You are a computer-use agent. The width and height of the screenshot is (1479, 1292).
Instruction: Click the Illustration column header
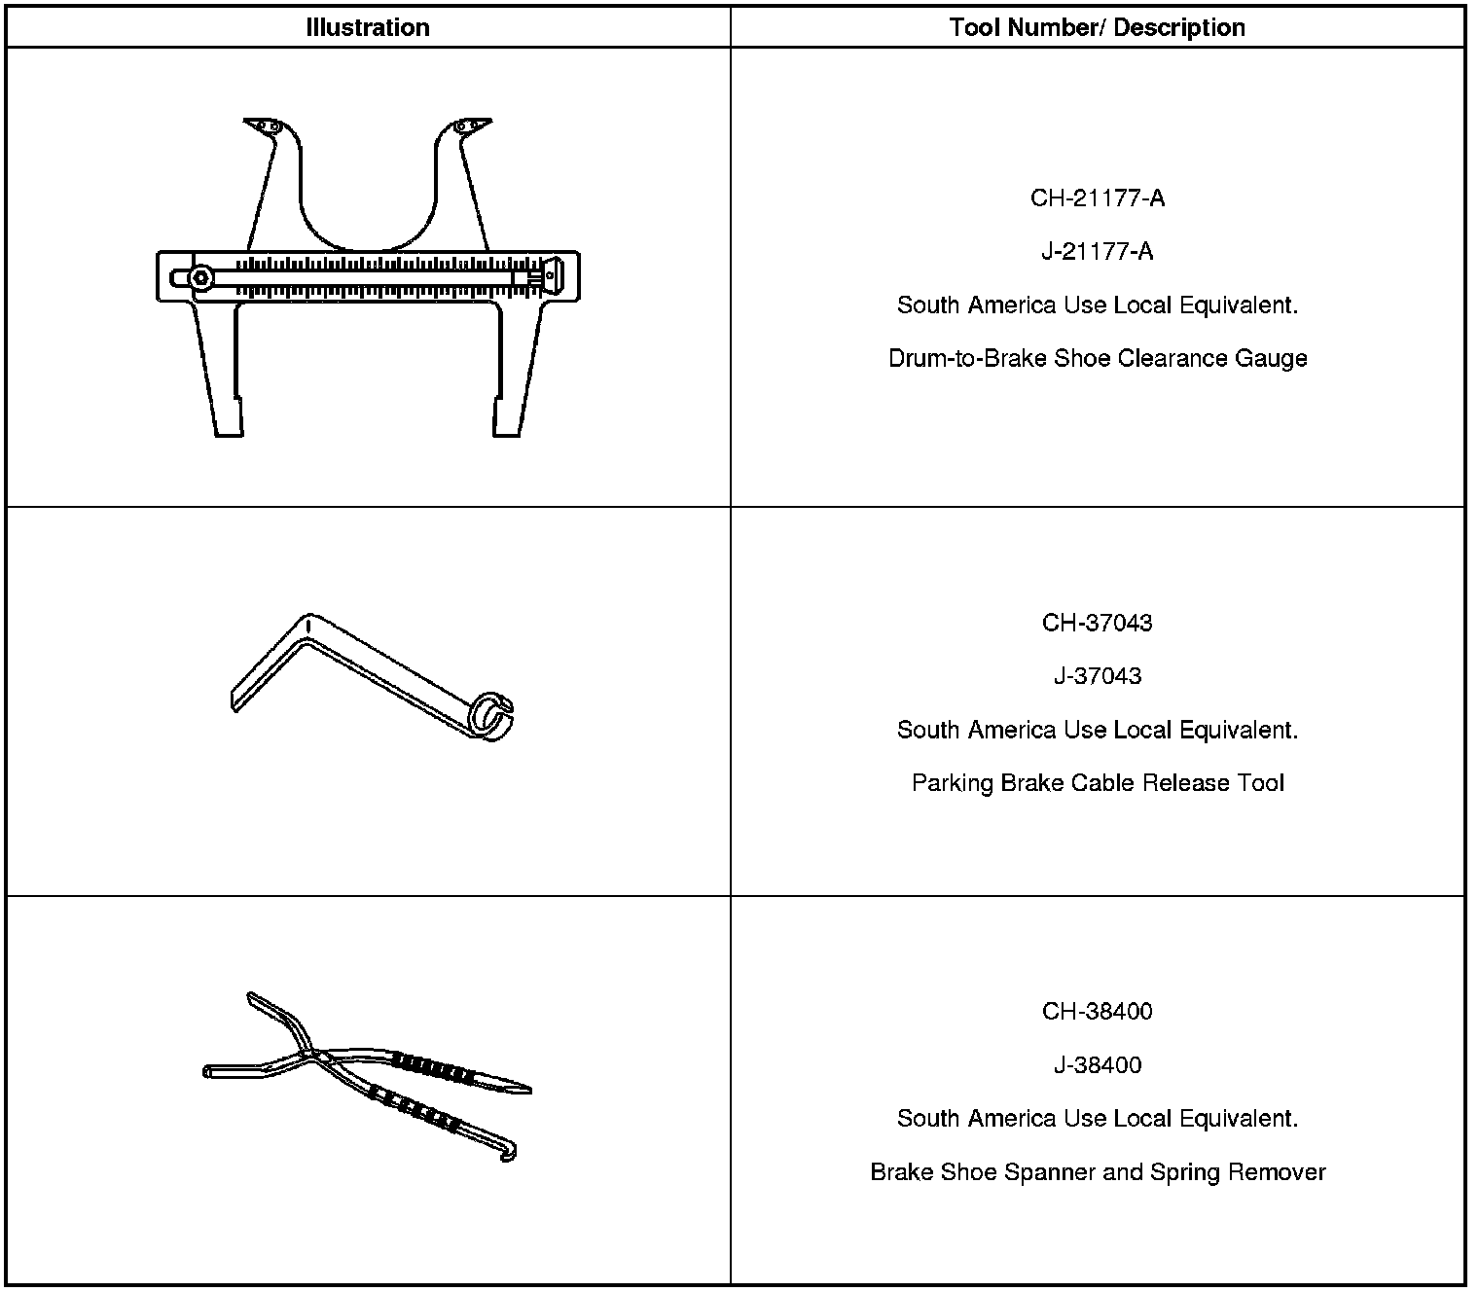coord(368,27)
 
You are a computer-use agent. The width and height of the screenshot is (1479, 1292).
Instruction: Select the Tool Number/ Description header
coord(1097,27)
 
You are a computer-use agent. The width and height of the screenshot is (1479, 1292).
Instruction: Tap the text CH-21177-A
coord(1097,198)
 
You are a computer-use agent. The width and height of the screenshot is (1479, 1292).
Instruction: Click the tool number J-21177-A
coord(1097,252)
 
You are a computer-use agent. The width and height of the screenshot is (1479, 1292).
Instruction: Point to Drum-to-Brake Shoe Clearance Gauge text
coord(1097,359)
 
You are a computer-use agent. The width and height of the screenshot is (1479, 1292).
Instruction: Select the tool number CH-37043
coord(1097,623)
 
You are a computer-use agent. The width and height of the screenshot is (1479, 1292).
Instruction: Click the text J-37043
coord(1097,676)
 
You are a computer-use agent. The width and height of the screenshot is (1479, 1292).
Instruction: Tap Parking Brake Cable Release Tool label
coord(1097,783)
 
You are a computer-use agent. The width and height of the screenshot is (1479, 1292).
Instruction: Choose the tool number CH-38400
coord(1097,1012)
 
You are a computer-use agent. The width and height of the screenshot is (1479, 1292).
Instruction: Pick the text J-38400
coord(1097,1065)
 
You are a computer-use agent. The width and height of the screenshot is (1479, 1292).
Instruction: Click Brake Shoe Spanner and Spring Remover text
coord(1097,1172)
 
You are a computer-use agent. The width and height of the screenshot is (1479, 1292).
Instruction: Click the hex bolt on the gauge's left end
coord(200,277)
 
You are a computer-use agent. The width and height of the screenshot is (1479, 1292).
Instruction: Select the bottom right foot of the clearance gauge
coord(508,418)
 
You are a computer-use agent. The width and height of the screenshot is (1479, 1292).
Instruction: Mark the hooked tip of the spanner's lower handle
coord(509,1153)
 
